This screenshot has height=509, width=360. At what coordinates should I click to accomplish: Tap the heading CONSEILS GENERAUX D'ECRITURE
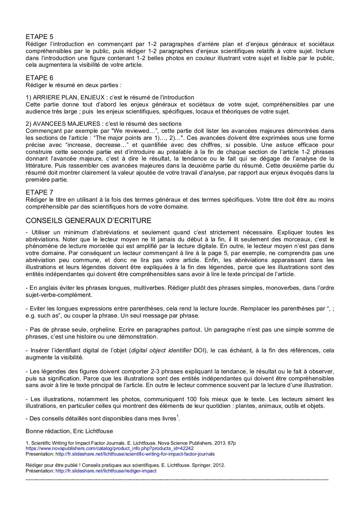click(89, 221)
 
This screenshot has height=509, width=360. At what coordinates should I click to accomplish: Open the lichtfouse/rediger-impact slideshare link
click(106, 470)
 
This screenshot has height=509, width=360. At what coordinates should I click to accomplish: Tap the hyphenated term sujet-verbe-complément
click(59, 295)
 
